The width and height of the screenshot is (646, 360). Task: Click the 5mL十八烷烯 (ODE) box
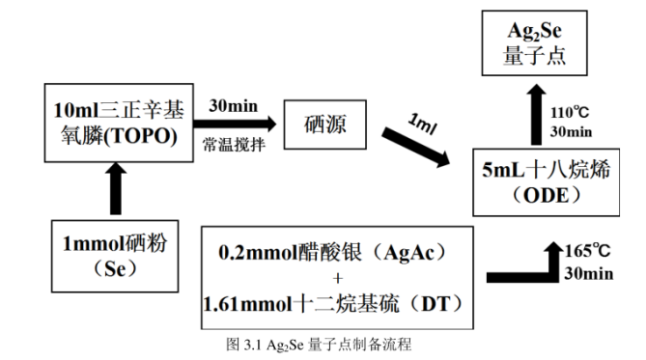pyautogui.click(x=543, y=181)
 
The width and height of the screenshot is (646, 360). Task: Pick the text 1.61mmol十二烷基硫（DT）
pyautogui.click(x=335, y=303)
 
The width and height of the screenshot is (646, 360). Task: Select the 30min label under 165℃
pyautogui.click(x=589, y=274)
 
